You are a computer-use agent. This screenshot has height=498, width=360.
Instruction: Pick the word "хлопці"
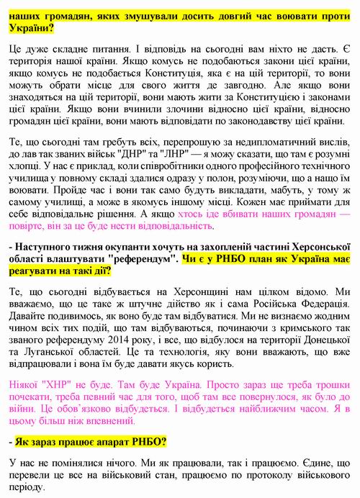(29, 168)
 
